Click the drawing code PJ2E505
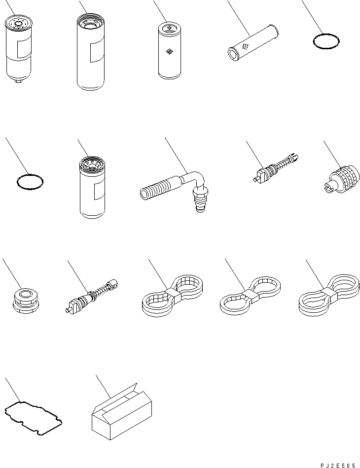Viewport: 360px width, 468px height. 338,466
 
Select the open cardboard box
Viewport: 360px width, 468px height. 122,411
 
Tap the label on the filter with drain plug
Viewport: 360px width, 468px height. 24,47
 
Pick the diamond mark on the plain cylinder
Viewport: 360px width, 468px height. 169,52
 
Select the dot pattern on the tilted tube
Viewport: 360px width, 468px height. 246,46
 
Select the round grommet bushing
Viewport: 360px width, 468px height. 26,301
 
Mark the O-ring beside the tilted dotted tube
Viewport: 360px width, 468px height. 326,41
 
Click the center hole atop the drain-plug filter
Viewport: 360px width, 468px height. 18,24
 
